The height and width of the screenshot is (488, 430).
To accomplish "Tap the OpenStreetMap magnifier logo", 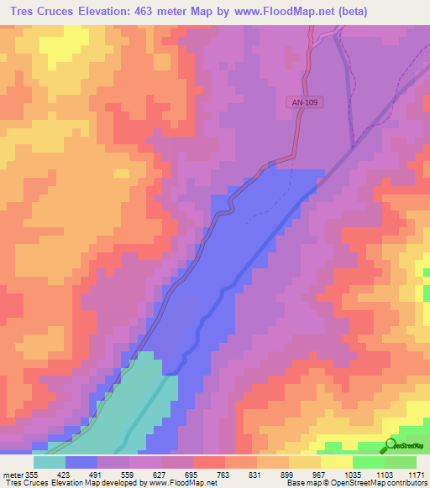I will [x=391, y=444].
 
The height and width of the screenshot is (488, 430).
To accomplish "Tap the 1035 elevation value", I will [x=353, y=474].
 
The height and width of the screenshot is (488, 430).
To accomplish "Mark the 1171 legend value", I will [x=417, y=474].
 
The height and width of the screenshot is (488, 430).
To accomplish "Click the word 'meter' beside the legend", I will [x=11, y=474].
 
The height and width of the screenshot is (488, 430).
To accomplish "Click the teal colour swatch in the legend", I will [x=50, y=462].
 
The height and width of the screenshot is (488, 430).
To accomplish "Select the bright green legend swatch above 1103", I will [x=369, y=462].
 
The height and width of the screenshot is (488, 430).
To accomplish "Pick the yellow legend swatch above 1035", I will [x=337, y=462].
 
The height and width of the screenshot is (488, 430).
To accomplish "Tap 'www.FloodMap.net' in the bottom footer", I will [x=181, y=483].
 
